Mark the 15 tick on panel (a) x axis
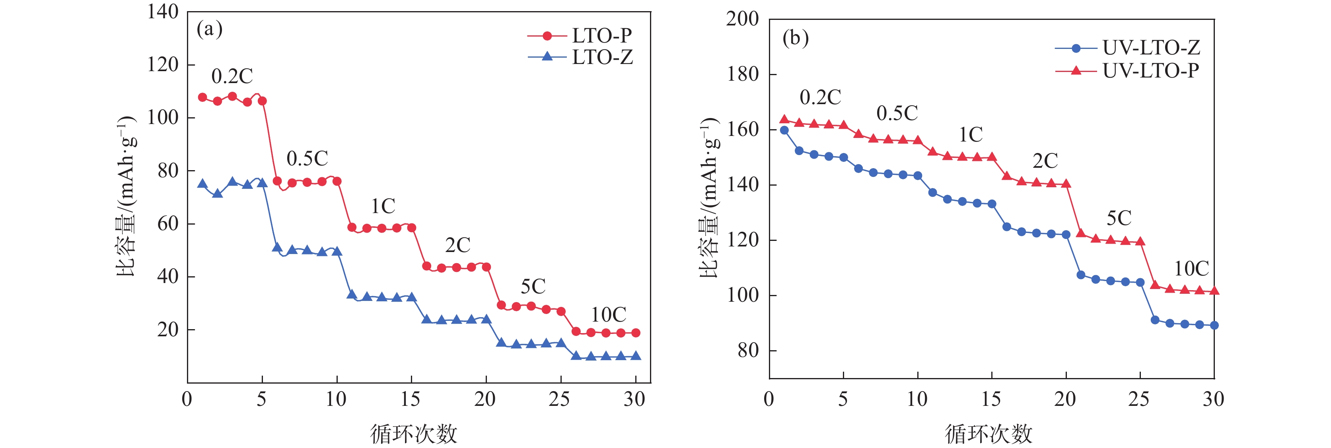click(x=411, y=399)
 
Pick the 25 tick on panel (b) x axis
click(x=1139, y=399)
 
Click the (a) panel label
click(x=209, y=29)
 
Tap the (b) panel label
click(x=795, y=38)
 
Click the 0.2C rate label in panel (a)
click(x=232, y=76)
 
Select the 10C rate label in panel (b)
click(x=1191, y=268)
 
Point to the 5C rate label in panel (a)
click(x=533, y=287)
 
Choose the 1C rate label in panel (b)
click(x=970, y=135)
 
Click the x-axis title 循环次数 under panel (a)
click(x=413, y=434)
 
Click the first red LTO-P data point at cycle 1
click(x=202, y=97)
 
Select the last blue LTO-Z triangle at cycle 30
click(x=636, y=356)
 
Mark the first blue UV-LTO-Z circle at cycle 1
click(x=784, y=130)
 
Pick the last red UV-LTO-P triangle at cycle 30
click(x=1214, y=291)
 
